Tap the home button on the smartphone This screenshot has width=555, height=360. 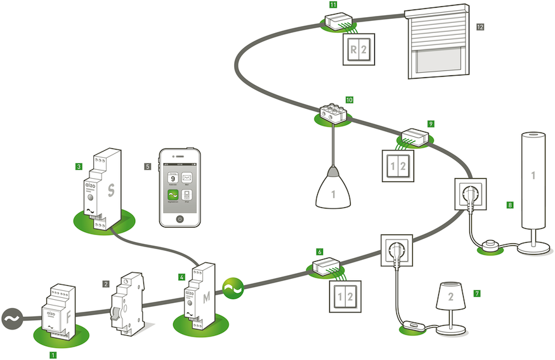pos(180,218)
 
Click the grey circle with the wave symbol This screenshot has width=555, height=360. pos(12,319)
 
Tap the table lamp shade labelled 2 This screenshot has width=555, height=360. pos(451,295)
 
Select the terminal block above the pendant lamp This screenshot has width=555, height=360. pos(332,112)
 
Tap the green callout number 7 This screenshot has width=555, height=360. pos(476,293)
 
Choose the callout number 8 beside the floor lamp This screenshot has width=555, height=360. pos(509,204)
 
